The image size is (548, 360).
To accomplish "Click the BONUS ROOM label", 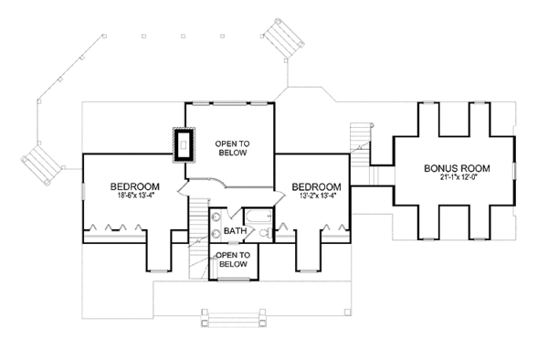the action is coord(457,168).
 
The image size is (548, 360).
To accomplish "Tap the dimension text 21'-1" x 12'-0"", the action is coord(458,177).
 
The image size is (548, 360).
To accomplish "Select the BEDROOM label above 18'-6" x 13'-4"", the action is coord(135,186).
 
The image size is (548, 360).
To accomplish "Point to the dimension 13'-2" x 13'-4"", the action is coord(316,196).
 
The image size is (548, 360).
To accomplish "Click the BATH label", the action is coord(235,231).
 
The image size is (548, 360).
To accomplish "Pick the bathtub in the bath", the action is coord(258,216).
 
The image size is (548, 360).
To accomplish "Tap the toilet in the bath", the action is coord(266,232).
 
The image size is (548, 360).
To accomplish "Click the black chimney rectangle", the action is coord(184,145).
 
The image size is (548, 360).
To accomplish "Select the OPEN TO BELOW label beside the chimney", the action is coord(232,148).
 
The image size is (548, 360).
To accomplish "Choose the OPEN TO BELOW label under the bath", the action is coord(233,259).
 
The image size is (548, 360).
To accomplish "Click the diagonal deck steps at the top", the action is coord(283,38).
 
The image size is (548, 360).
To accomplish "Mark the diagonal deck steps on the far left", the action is coord(41,165).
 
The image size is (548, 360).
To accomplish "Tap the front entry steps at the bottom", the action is coord(234,318).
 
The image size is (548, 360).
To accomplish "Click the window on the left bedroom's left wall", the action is coord(83,191).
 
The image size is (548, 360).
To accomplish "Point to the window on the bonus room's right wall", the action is coord(514,171).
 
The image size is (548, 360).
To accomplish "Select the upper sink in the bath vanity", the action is coord(216,217).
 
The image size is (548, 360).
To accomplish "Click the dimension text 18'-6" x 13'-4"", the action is coord(136,196).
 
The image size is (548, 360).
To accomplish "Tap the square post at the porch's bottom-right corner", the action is coord(347,312).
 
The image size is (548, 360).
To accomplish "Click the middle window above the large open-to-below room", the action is coord(230,103).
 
